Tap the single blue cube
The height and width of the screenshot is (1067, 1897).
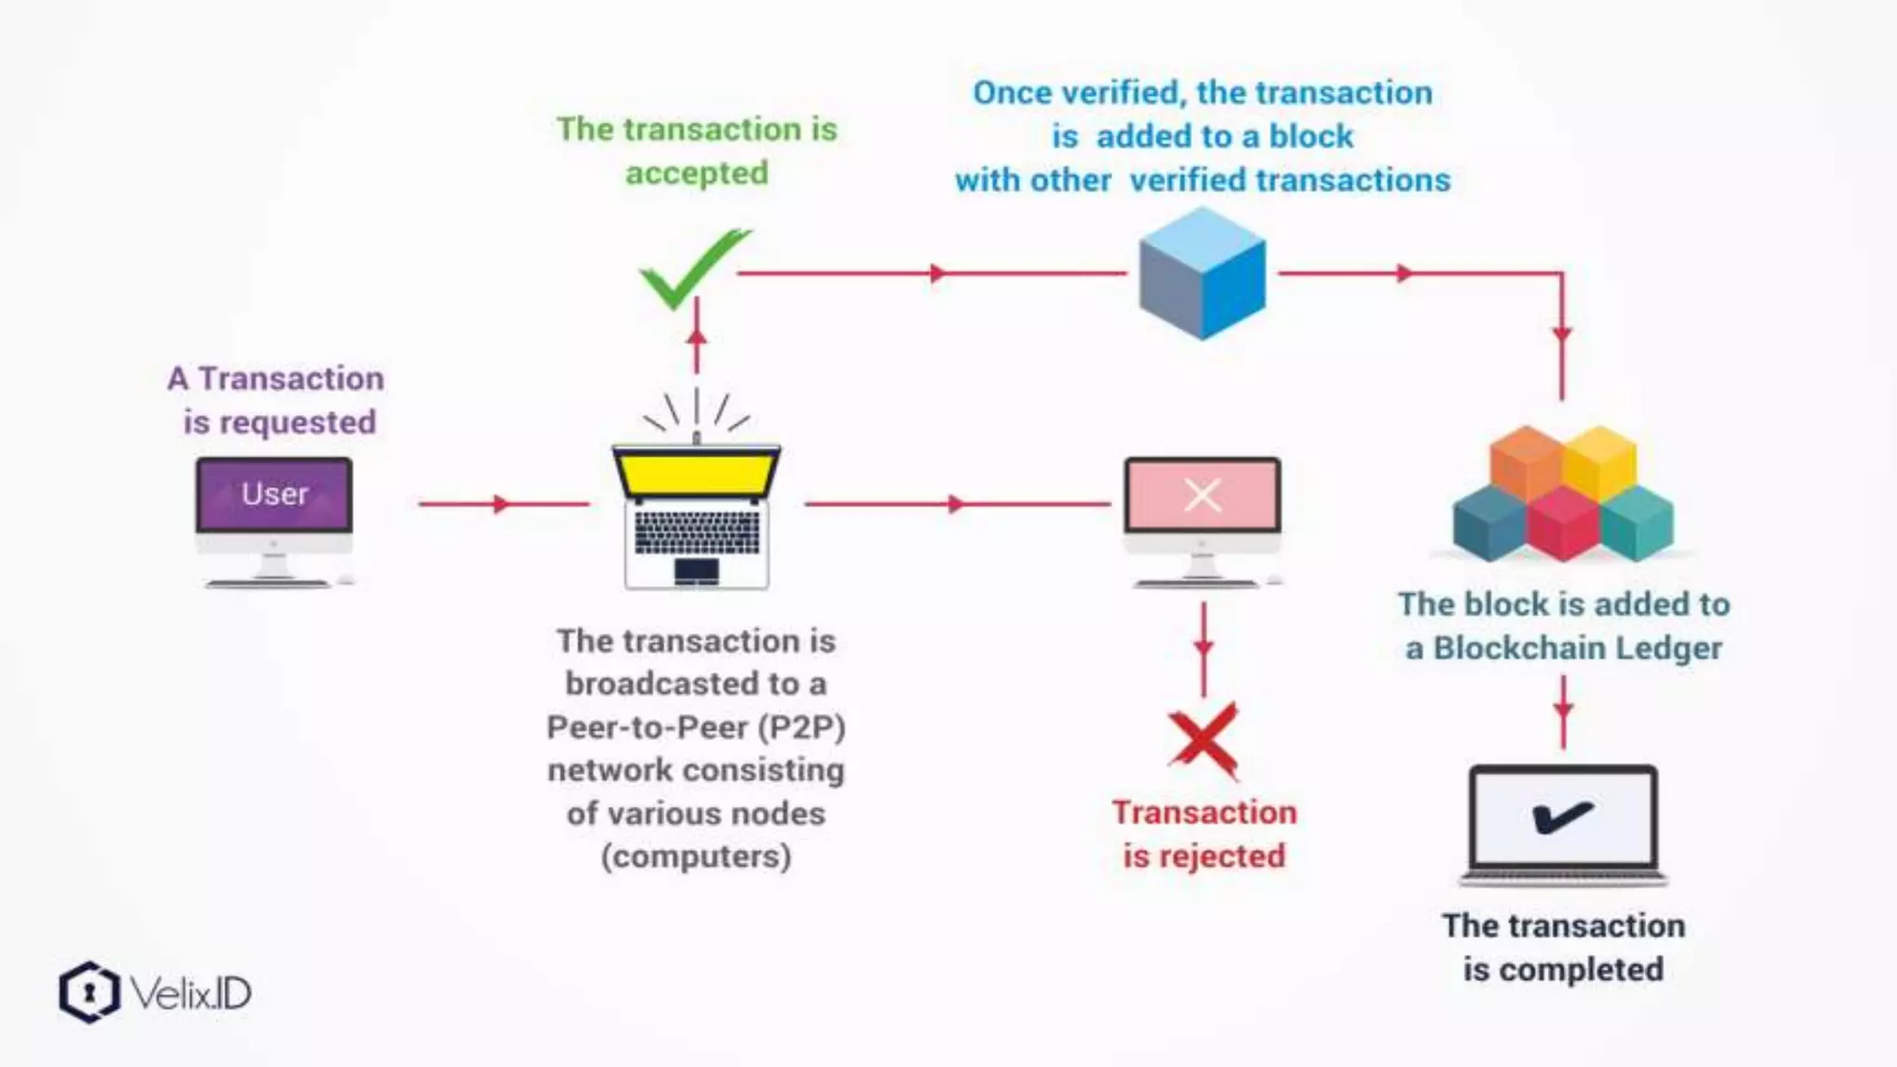(x=1201, y=274)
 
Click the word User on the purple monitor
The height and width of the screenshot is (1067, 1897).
(x=274, y=494)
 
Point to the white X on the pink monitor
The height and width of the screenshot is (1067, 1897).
(x=1202, y=496)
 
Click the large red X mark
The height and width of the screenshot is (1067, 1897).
(x=1203, y=740)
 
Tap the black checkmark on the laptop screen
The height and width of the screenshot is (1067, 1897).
(x=1563, y=816)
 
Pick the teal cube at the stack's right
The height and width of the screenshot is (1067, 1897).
(x=1637, y=522)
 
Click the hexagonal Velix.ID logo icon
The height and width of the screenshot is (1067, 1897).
(x=89, y=993)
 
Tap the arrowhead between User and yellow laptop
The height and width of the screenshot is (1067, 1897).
(x=501, y=504)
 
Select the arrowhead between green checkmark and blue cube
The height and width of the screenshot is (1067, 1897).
(x=938, y=273)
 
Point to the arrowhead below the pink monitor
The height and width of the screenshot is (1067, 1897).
(x=1203, y=646)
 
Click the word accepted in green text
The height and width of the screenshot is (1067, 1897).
(x=697, y=173)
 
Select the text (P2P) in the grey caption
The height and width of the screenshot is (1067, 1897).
(x=802, y=727)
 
